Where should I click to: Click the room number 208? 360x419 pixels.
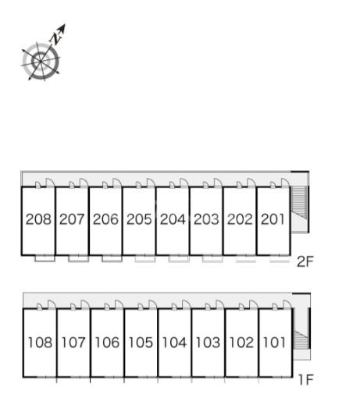(38, 219)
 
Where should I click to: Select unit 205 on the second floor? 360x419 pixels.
(139, 219)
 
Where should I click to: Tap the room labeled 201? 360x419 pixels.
(273, 219)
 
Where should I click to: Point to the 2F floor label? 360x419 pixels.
(305, 261)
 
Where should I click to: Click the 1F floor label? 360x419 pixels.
(305, 380)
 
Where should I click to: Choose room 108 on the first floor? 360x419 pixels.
(40, 343)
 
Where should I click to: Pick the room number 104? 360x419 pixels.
(174, 343)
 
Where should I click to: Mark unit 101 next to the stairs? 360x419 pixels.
(275, 343)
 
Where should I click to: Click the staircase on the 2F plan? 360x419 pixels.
(299, 202)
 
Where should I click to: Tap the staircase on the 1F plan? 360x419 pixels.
(301, 339)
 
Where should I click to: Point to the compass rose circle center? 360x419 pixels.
(41, 62)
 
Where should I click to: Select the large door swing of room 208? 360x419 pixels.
(50, 183)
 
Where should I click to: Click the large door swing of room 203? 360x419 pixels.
(218, 183)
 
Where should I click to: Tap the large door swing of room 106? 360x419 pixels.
(119, 304)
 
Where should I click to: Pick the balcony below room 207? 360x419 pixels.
(78, 259)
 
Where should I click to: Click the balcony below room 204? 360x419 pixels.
(179, 259)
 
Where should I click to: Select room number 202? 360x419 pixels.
(240, 219)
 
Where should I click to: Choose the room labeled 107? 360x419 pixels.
(73, 343)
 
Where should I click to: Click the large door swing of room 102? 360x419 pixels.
(253, 304)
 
